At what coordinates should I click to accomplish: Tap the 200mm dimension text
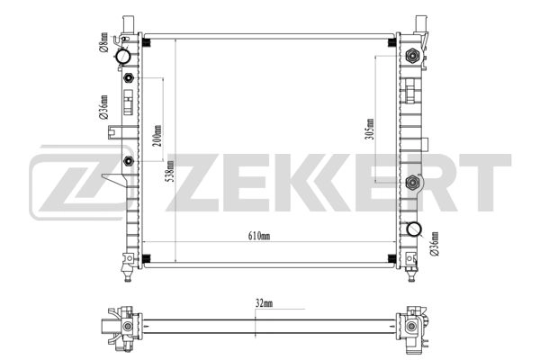pyautogui.click(x=157, y=134)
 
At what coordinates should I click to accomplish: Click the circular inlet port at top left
pyautogui.click(x=123, y=58)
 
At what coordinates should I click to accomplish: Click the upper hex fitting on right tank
pyautogui.click(x=413, y=56)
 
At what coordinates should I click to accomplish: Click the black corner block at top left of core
pyautogui.click(x=146, y=40)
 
